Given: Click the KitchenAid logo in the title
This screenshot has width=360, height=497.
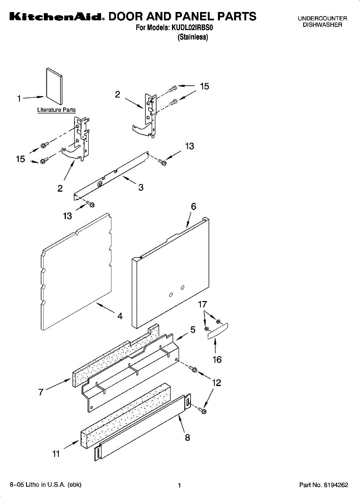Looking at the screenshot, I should tap(56, 17).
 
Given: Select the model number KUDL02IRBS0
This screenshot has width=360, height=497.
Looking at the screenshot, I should tap(194, 29).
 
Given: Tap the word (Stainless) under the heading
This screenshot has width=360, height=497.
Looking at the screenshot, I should tap(193, 37).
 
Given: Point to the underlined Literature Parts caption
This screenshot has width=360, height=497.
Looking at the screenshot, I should tap(56, 110).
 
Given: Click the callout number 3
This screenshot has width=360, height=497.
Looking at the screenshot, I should tap(141, 187).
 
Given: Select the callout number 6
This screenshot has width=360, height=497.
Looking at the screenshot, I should tap(193, 206).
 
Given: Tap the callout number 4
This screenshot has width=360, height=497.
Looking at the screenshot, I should tap(120, 316).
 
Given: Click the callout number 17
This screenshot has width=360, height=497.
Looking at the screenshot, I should tap(202, 304).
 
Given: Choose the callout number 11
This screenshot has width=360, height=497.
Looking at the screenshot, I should tap(56, 454).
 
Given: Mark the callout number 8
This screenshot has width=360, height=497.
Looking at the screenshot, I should tap(187, 437).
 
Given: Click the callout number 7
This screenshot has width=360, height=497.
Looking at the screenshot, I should tap(41, 392).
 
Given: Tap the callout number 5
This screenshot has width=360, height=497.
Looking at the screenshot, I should tap(193, 330).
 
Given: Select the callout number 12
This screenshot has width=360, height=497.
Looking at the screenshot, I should tap(216, 383).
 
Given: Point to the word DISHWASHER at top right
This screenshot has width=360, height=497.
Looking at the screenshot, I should tap(322, 25).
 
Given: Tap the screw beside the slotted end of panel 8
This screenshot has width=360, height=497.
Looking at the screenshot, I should tap(203, 410).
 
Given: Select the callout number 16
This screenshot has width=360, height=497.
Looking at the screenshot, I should tap(217, 359).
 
